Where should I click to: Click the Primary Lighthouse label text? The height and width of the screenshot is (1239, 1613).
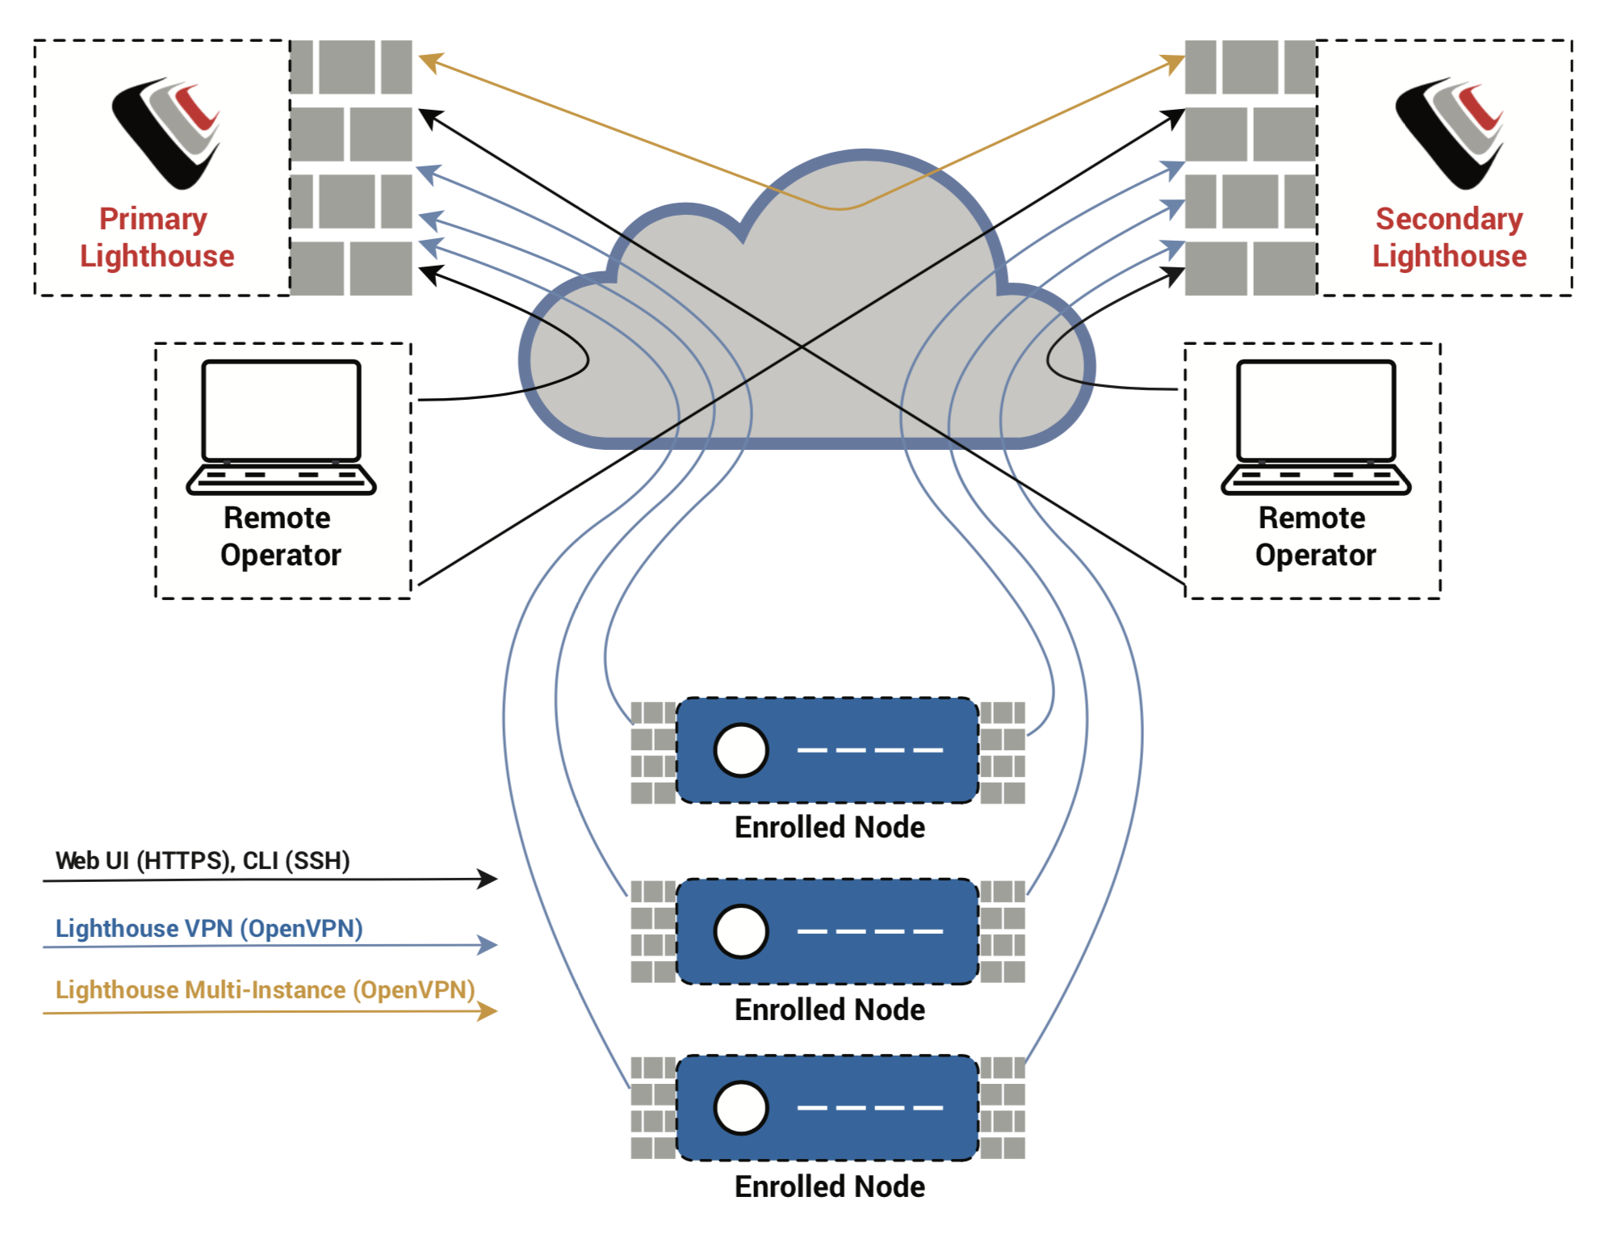(157, 237)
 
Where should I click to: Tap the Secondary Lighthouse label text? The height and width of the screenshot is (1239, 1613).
(1449, 237)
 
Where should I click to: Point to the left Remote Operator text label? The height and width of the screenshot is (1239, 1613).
(279, 536)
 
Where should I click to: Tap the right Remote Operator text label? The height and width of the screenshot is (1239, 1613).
(1314, 536)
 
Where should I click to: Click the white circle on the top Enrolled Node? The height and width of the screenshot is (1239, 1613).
(740, 750)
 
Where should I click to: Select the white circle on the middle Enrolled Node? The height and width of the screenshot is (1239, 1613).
(740, 931)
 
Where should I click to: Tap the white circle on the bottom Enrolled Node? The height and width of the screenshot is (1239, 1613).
(740, 1107)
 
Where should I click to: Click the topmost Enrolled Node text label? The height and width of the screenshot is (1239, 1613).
(829, 827)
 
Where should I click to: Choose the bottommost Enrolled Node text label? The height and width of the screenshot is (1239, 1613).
(829, 1186)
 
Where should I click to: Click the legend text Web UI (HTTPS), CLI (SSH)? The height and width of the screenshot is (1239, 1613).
(203, 860)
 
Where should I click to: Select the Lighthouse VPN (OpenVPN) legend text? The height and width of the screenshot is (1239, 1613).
(209, 928)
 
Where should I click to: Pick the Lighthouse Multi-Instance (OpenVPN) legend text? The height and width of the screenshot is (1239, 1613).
(265, 989)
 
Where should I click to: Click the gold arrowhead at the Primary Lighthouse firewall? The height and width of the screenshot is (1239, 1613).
(429, 61)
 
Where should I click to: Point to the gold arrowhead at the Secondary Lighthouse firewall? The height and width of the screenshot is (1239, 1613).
(1174, 62)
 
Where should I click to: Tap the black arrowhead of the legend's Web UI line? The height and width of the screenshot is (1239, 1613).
(487, 879)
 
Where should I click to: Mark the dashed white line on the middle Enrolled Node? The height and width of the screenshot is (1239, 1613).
(869, 931)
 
